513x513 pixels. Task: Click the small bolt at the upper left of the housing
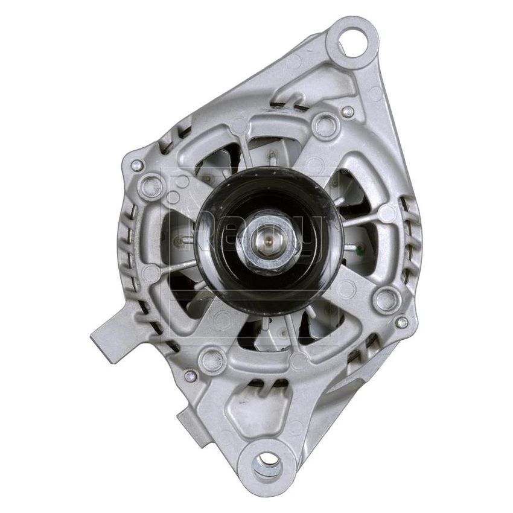[136, 165]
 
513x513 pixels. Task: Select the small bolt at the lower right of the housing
[401, 322]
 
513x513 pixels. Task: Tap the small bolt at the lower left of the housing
[191, 377]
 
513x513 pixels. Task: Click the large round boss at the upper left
[152, 185]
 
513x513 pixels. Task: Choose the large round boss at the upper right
[325, 126]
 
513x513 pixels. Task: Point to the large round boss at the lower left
[212, 360]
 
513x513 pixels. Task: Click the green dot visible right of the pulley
[360, 246]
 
